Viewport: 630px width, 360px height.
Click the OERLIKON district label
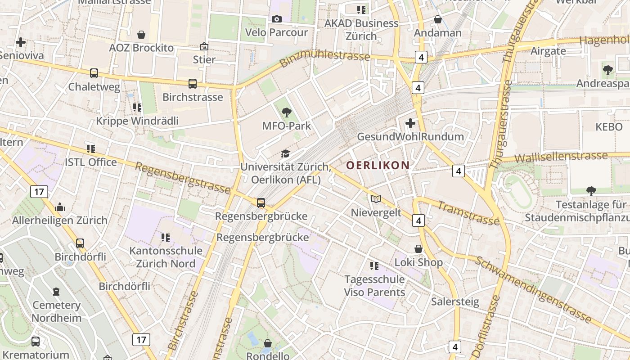378,165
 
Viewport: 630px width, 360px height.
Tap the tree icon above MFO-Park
286,112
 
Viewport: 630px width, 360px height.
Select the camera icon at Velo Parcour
276,19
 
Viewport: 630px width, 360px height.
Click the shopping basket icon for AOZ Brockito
141,35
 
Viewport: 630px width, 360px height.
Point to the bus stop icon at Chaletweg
94,73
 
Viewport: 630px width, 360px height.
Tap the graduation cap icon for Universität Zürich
285,154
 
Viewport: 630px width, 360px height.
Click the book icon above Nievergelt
376,199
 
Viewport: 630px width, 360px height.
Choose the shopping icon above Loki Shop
418,249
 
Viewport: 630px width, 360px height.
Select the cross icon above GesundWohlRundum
410,123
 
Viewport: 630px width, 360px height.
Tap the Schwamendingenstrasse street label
533,289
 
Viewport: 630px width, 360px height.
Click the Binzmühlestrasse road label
324,58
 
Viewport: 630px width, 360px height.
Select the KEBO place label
609,127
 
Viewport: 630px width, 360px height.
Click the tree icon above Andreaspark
608,70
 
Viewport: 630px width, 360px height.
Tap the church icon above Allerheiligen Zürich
60,207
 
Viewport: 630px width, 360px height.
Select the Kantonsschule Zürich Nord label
166,257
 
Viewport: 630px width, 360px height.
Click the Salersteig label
455,301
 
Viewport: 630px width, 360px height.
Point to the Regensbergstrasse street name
182,178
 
